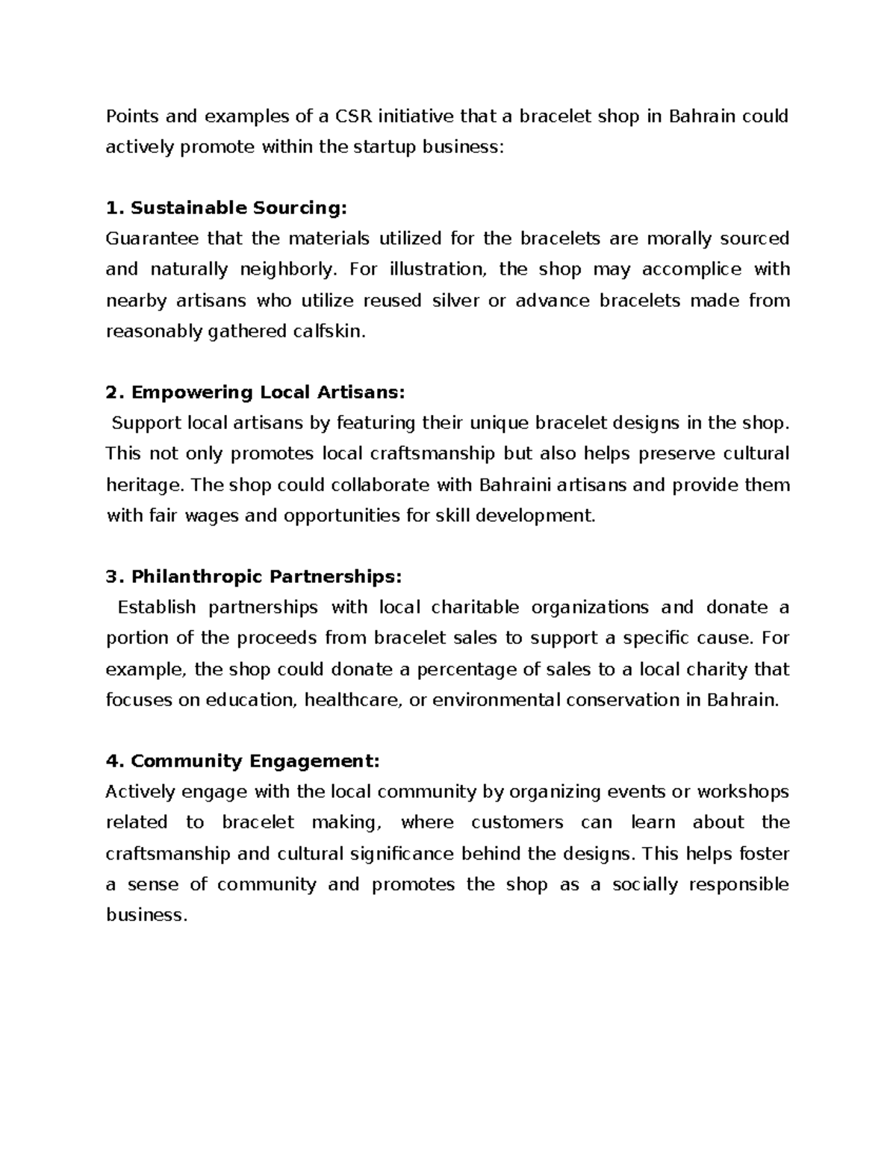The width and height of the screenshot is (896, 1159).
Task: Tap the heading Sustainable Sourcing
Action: [x=238, y=207]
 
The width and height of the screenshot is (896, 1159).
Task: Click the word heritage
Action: [x=143, y=485]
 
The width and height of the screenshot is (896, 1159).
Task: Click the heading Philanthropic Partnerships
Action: [x=266, y=576]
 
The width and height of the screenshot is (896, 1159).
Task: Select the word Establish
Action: [x=157, y=607]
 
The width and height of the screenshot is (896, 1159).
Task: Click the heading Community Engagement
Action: [x=255, y=760]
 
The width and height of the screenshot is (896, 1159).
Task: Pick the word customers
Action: [x=517, y=822]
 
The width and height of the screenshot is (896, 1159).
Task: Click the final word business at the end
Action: [x=145, y=915]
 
